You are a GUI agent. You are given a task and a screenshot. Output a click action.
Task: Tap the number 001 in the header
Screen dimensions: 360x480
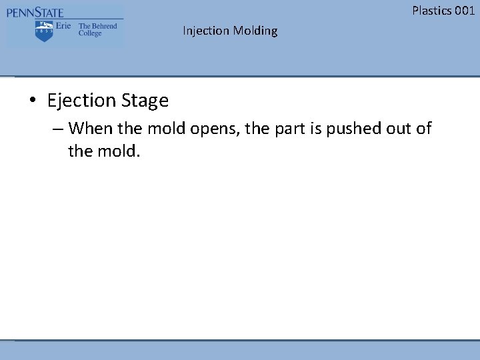(464, 10)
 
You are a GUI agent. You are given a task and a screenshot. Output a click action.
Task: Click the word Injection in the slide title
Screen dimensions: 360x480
(206, 31)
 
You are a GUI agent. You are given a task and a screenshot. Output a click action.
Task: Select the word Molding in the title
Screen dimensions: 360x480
(255, 31)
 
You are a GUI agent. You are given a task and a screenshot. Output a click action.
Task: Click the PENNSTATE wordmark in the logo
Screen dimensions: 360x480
(35, 12)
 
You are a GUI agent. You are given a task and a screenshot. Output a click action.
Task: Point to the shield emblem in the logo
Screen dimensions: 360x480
(44, 31)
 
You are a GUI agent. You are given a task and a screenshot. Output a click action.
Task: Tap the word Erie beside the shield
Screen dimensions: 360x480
(63, 27)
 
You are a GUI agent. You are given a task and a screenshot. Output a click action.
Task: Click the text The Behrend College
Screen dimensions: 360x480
(97, 29)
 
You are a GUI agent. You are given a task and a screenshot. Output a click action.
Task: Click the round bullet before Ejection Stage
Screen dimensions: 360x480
(32, 101)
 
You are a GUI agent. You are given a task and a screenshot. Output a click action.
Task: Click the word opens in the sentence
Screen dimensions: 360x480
(214, 129)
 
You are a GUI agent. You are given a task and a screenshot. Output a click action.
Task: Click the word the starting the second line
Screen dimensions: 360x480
(80, 151)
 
